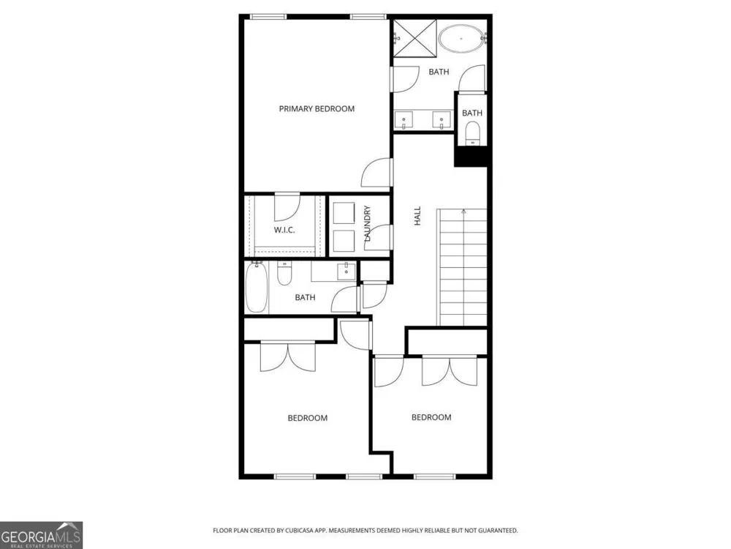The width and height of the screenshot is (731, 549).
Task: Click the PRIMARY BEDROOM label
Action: [317, 109]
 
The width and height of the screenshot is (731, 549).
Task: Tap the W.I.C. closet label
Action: [284, 230]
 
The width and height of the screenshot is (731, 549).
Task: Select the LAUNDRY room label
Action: [368, 223]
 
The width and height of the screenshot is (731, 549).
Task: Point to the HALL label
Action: [417, 216]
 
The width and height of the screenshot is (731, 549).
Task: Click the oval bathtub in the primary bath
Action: [461, 39]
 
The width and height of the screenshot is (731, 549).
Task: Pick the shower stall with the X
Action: [415, 38]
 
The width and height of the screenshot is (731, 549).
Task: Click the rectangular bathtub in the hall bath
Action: [257, 287]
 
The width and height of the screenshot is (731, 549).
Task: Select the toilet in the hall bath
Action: [284, 273]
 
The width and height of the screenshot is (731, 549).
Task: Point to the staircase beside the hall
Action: [462, 267]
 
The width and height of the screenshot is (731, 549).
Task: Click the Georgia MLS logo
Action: [42, 535]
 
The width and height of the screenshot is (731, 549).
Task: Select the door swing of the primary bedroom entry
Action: [376, 173]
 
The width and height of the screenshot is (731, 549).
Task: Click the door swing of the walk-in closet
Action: [287, 206]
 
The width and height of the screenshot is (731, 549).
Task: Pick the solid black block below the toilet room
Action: [471, 156]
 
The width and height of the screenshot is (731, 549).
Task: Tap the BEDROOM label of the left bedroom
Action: [308, 418]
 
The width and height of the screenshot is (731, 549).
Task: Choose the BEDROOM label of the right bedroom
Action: [431, 417]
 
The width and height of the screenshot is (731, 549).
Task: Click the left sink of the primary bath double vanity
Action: [404, 120]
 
